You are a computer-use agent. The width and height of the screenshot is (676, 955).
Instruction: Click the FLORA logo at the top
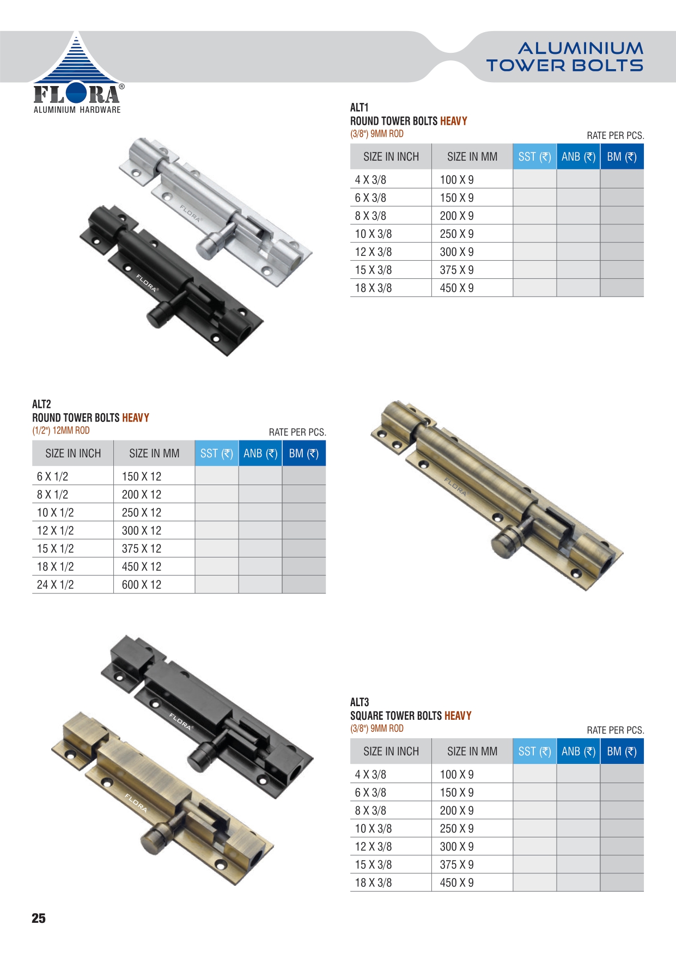point(77,73)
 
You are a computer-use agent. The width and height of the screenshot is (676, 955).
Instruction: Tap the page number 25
point(39,918)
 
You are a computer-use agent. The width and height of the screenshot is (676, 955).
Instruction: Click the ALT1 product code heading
point(360,107)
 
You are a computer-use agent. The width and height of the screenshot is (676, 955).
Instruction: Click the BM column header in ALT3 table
point(622,751)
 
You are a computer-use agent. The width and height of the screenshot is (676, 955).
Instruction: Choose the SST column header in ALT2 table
point(217,454)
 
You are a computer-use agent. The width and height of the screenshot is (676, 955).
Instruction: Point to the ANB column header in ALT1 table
point(578,157)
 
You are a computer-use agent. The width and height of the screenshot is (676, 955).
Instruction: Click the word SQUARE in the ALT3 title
point(367,715)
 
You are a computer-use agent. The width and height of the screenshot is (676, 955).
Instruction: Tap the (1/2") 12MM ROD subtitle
point(61,430)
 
